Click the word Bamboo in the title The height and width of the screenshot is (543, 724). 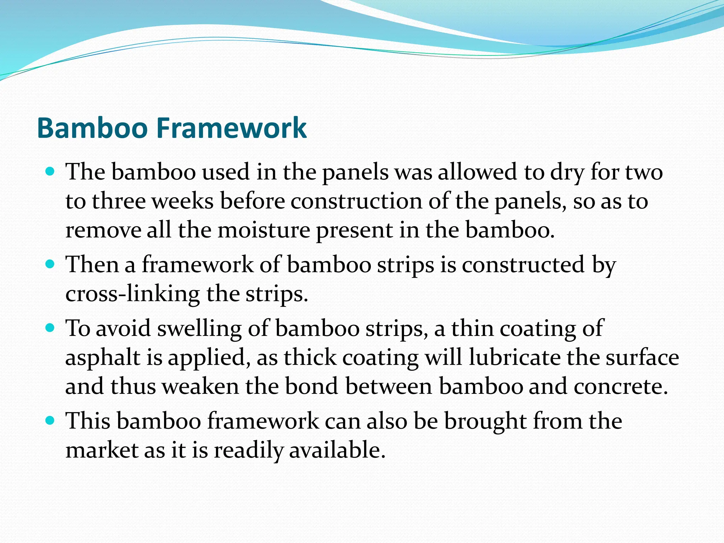pos(92,128)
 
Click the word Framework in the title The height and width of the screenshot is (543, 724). pos(231,128)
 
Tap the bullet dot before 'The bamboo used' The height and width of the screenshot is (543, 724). pos(50,172)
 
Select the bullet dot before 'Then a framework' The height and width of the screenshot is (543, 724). pos(50,264)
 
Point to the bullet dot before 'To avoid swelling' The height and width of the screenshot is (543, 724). pos(50,328)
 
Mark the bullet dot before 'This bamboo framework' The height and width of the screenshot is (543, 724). pos(50,421)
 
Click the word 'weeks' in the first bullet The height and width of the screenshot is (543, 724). pos(182,201)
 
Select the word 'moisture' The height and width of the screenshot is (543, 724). pos(263,230)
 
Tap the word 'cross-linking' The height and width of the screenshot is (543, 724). pos(133,294)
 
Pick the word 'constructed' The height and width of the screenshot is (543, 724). pos(523,265)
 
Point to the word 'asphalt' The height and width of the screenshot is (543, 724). pos(103,357)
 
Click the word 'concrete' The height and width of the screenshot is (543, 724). pos(620,386)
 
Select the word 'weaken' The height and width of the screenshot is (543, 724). pos(200,386)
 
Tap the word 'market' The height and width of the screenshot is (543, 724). pos(101,450)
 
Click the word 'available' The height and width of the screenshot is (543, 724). pos(337,450)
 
